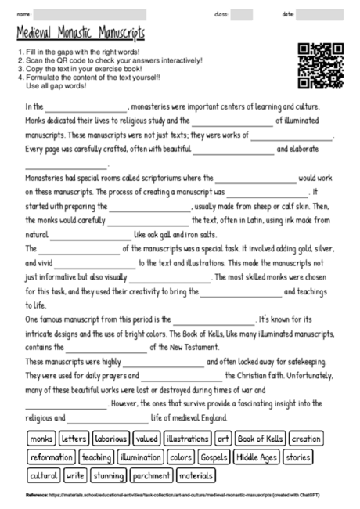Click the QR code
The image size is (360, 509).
321,64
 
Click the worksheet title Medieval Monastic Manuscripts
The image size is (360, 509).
81,34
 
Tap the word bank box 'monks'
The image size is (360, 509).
41,439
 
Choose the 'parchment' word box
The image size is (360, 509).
151,475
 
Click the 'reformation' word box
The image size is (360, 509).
52,457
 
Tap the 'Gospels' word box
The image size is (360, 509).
214,457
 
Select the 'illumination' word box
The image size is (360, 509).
140,457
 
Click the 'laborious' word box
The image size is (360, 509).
112,439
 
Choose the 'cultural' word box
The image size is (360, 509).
44,475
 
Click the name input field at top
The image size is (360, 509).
90,14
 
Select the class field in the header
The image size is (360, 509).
241,14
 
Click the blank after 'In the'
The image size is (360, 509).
85,108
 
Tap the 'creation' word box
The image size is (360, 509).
306,439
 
